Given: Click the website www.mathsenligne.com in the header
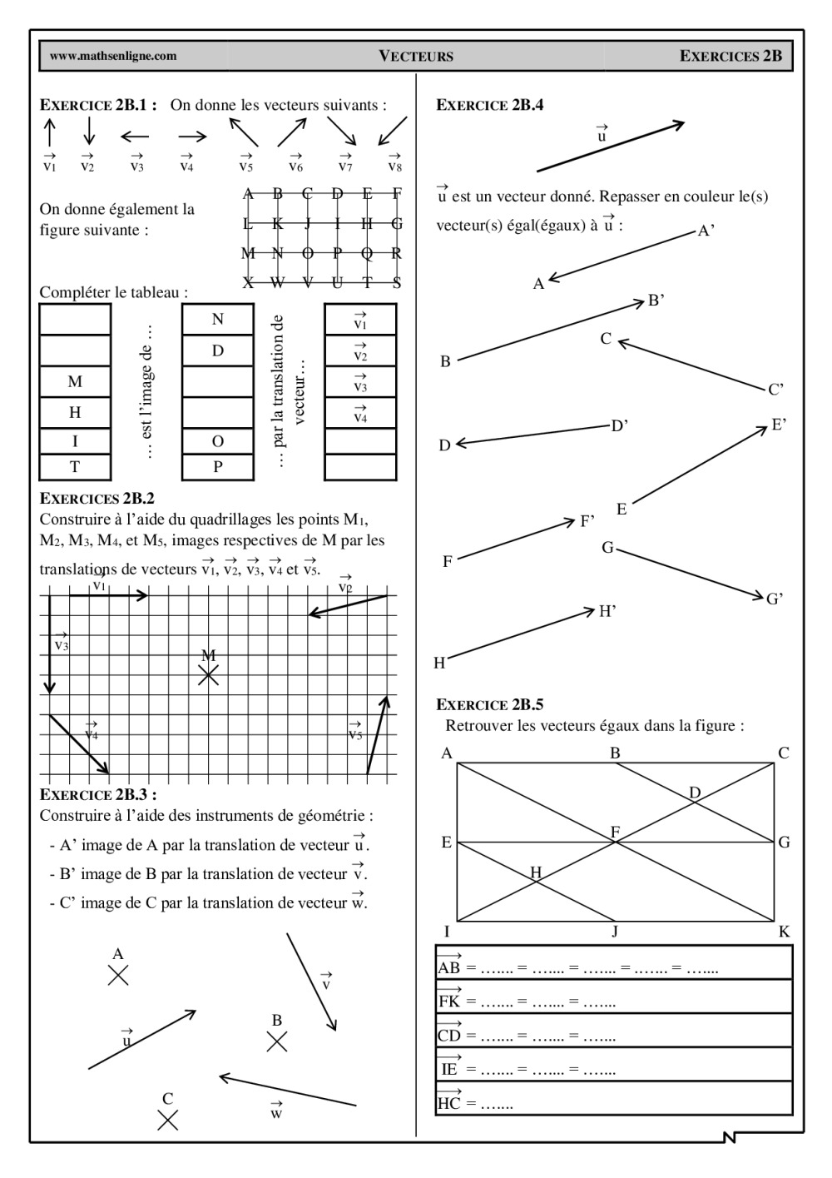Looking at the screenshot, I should pos(113,57).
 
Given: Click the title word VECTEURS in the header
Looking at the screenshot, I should pos(416,57).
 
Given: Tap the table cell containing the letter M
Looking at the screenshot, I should pos(75,381).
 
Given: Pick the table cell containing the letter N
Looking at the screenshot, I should pos(217,320).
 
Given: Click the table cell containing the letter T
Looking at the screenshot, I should pos(75,467).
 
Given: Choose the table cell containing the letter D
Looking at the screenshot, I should pos(217,350).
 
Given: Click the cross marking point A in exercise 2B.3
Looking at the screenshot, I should pos(118,975).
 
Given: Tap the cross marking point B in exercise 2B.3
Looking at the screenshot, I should pos(276,1041).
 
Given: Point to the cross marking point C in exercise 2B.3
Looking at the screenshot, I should pos(168,1120).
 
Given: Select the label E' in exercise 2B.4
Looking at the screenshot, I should pos(779,425).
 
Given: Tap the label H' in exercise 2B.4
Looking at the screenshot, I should pos(607,612).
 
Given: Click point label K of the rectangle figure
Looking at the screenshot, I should pos(784,932).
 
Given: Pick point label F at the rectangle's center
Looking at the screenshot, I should pos(615,832).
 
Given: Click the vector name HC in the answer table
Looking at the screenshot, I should pos(449,1103).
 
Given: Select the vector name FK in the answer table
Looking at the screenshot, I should pos(449,1001).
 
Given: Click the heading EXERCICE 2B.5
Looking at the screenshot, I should pos(490,704).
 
